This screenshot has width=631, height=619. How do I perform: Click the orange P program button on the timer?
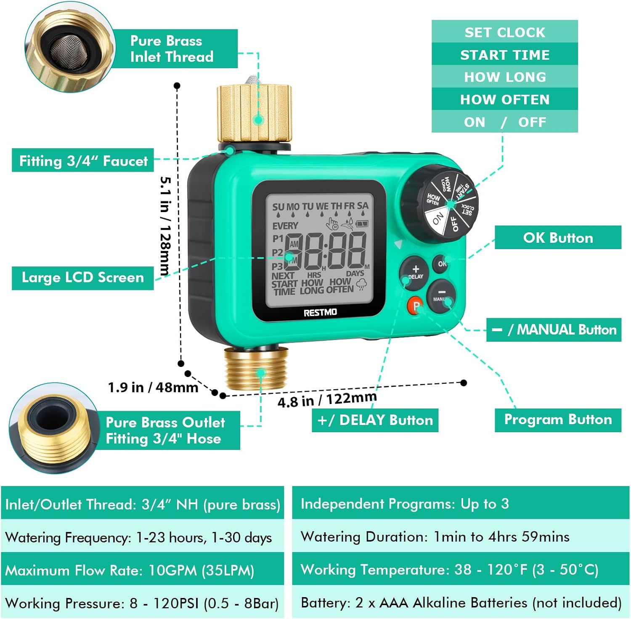[x=415, y=306]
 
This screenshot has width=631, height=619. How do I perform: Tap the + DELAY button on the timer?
[x=414, y=273]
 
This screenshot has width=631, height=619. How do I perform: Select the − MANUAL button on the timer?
[x=442, y=295]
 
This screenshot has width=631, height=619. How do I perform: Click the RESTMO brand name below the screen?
[x=320, y=312]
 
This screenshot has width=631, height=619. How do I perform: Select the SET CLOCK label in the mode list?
[x=504, y=32]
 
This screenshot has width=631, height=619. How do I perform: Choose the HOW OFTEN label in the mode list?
[x=504, y=100]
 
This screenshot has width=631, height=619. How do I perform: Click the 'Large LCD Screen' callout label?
[x=82, y=278]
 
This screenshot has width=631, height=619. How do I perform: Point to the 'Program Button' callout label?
[x=558, y=420]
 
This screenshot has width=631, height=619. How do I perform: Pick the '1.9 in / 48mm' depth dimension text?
[x=153, y=387]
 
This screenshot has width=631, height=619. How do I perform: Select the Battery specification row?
[x=461, y=603]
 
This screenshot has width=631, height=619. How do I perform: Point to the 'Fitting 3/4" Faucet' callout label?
[x=83, y=161]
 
